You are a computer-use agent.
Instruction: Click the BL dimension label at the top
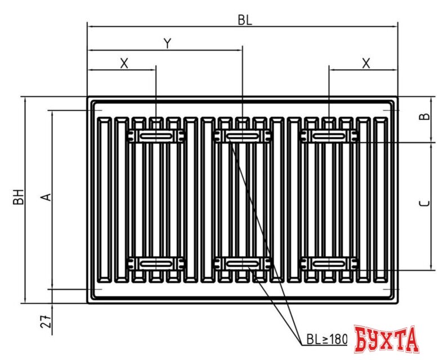coord(244,20)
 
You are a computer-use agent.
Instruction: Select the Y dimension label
coord(167,43)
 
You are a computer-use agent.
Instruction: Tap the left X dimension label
coord(124,63)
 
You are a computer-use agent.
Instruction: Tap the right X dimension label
coord(366,63)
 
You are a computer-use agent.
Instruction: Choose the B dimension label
coord(425,117)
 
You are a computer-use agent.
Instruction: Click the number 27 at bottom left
coord(47,322)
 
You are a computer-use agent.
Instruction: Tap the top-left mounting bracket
coord(156,136)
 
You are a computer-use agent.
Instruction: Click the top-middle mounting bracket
coord(242,136)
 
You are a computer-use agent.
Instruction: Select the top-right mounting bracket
coord(329,136)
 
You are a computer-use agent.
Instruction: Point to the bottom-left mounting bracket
coord(156,263)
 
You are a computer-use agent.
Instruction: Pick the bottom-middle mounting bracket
coord(242,263)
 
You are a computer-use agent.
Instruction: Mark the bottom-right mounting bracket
coord(329,263)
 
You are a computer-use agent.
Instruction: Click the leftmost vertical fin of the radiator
coord(104,200)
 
